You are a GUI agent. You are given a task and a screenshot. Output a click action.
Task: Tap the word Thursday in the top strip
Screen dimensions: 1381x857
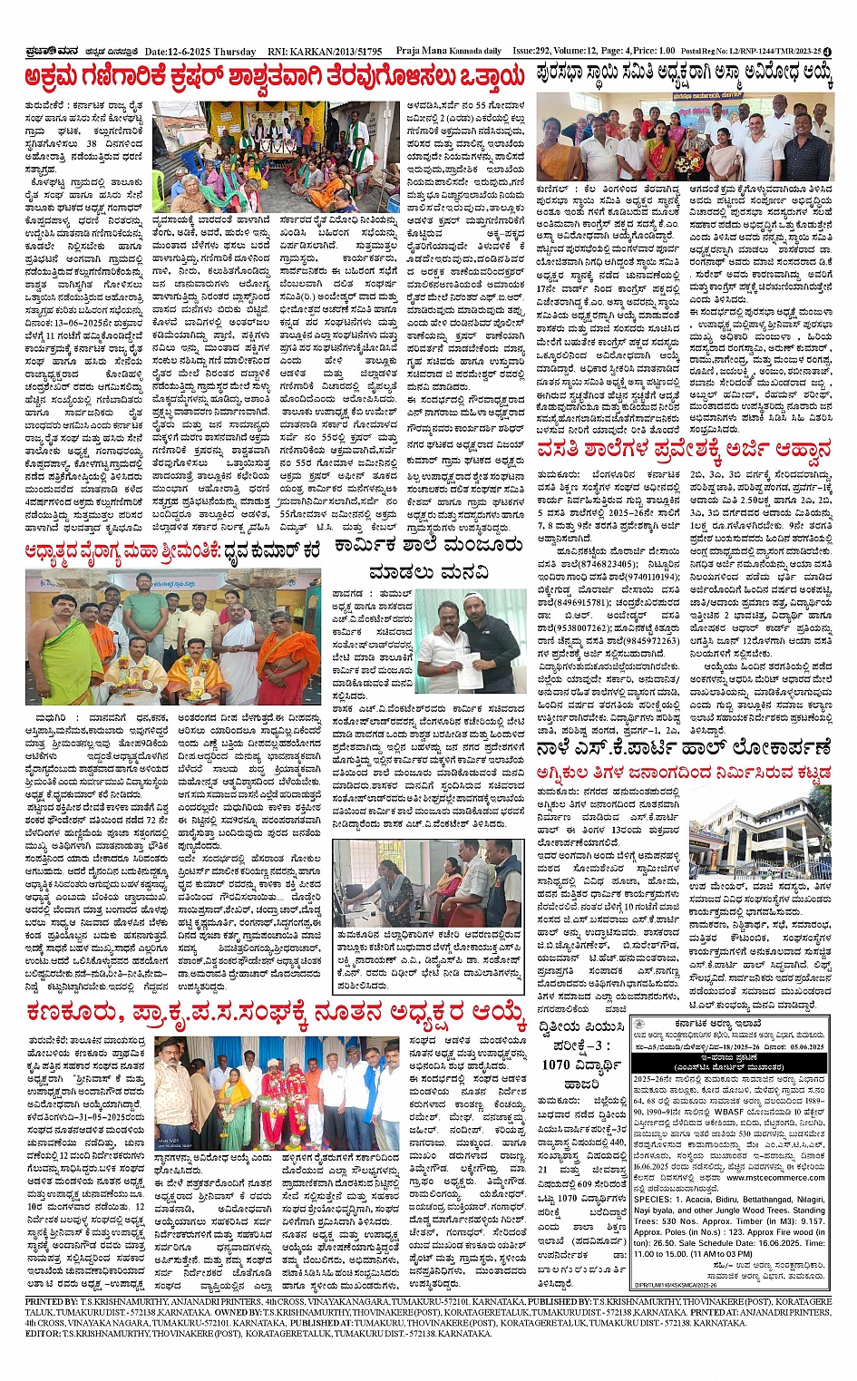[x=236, y=52]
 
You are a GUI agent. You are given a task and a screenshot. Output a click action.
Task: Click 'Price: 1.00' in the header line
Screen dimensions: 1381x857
[x=654, y=52]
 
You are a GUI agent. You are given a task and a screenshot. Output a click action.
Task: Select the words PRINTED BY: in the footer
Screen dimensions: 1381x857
[x=52, y=1301]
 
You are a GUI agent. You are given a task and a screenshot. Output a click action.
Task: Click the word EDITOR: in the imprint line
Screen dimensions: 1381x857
[x=43, y=1334]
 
